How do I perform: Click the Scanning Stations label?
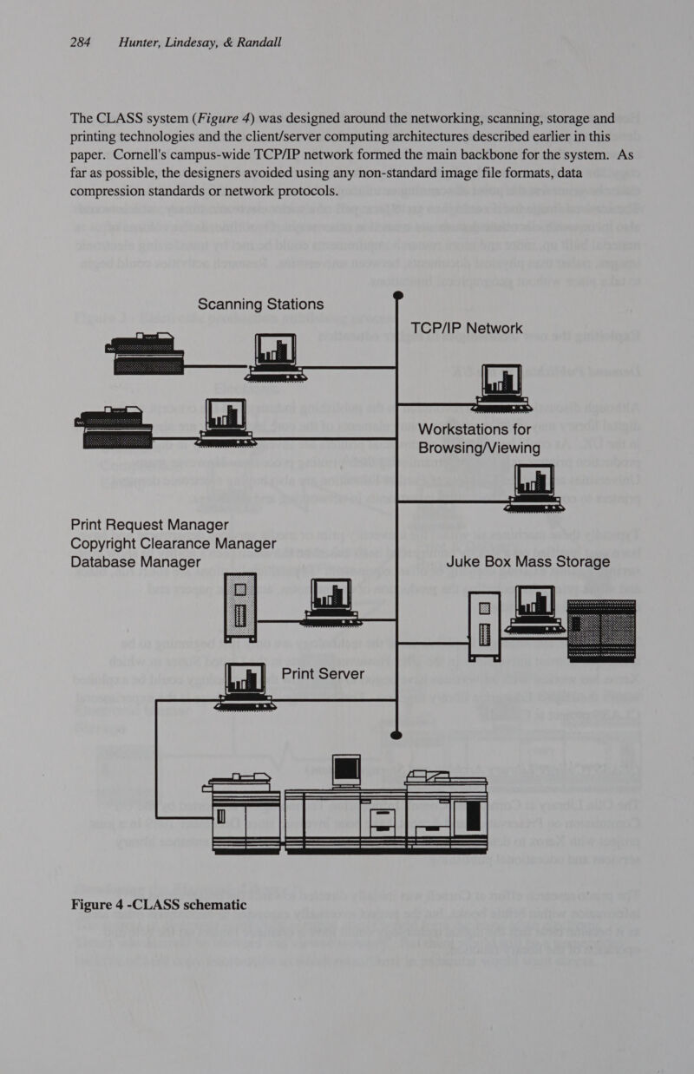coord(260,305)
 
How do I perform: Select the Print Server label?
coord(323,674)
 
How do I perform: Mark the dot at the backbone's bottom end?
coord(396,736)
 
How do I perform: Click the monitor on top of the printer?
coord(347,769)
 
